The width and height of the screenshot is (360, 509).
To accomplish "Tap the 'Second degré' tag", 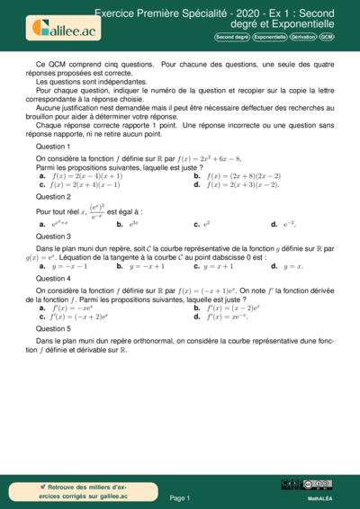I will tap(231, 37).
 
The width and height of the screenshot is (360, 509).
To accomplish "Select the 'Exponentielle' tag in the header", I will tap(268, 37).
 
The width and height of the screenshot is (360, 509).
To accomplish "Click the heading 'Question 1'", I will tap(53, 146).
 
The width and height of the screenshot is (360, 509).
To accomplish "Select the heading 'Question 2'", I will tap(53, 196).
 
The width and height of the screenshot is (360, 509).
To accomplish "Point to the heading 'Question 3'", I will tap(53, 236).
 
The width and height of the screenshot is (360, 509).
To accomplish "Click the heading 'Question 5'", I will tap(53, 329).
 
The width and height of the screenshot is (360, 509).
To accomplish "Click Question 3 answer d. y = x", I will tap(288, 266).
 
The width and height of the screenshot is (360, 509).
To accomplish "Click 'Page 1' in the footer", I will tap(179, 497).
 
